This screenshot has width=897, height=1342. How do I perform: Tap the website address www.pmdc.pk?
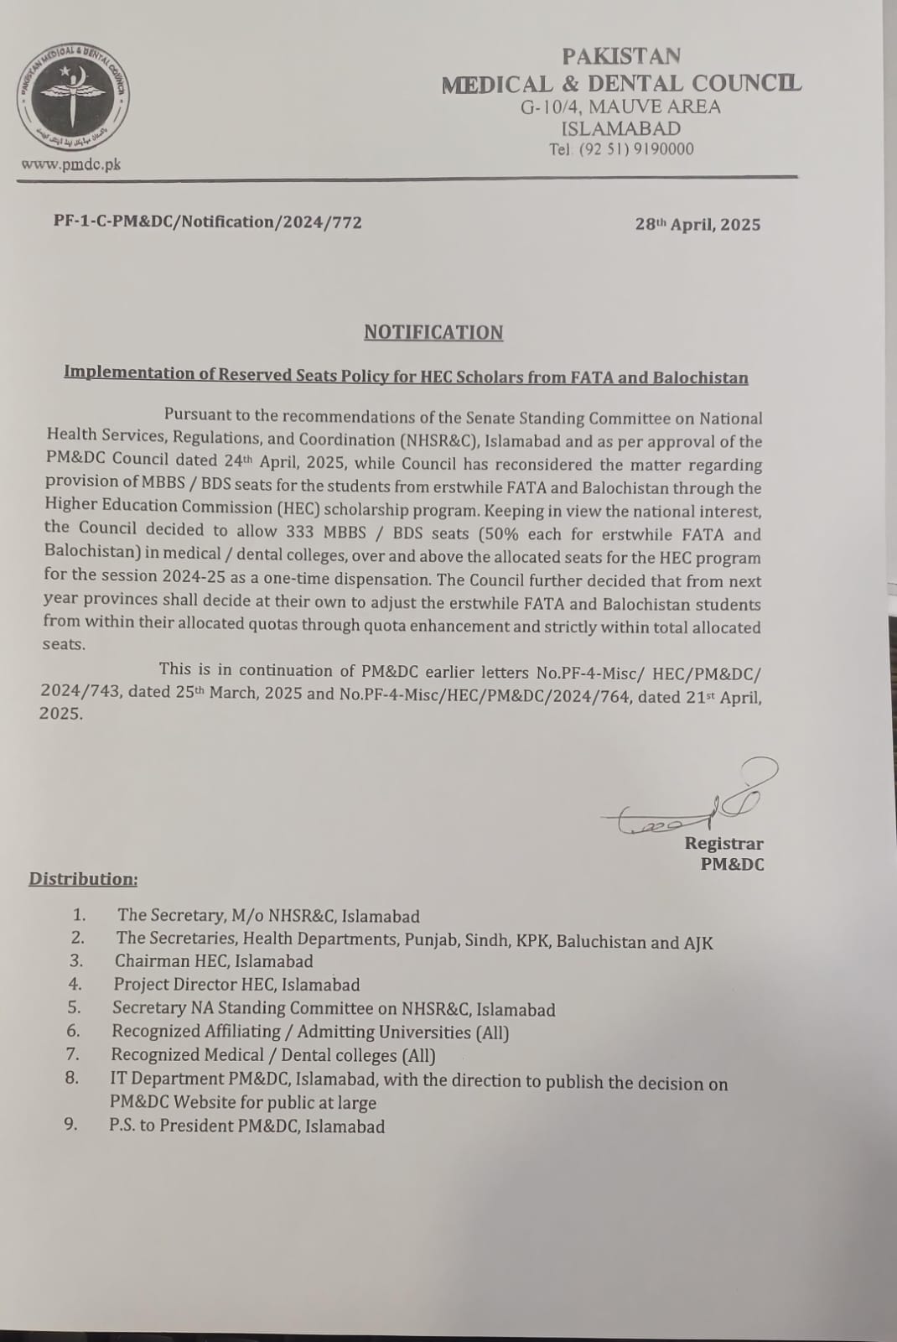[71, 164]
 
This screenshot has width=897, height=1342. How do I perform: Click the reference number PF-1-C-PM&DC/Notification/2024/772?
[208, 222]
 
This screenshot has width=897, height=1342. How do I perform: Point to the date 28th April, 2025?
[697, 224]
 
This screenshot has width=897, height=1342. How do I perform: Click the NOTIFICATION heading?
[433, 332]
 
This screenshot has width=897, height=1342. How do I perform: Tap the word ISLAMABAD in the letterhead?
[620, 128]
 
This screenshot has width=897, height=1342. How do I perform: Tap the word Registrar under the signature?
[723, 844]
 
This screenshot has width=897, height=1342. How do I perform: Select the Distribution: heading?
[83, 879]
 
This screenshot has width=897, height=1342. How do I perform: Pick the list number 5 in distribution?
[74, 1007]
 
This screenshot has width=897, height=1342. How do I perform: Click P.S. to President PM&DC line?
[246, 1126]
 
